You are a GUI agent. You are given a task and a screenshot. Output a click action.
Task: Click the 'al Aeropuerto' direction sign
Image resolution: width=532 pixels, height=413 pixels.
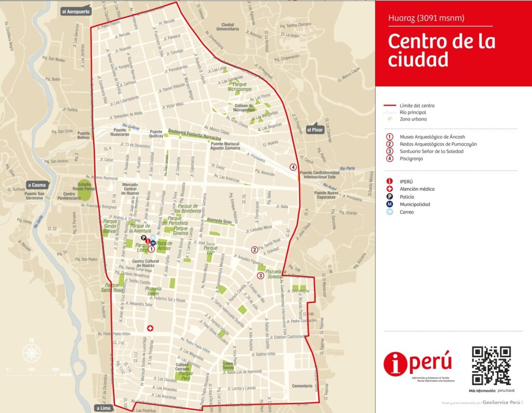coord(76,11)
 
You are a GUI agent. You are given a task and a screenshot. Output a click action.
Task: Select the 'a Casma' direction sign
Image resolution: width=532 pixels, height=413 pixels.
coord(37,184)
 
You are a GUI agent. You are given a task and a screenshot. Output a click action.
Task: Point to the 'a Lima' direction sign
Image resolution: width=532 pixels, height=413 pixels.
coord(103,408)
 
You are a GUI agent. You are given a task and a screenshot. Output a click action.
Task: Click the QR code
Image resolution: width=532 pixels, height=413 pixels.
coord(491,366)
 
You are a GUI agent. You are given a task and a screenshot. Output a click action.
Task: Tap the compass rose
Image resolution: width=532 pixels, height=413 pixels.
coord(31,354)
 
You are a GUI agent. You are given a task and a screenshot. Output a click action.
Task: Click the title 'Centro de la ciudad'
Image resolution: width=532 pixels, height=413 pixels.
coord(441,50)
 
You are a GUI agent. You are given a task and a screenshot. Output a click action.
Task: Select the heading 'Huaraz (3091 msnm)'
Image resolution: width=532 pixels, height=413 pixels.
coord(426,19)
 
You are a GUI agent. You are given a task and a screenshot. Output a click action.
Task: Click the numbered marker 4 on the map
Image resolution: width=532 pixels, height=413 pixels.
coord(294,167)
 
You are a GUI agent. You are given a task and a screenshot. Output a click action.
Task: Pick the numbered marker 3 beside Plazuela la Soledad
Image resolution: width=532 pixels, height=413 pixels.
coord(260,276)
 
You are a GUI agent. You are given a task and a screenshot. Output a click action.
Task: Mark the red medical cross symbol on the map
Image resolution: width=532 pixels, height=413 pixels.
coord(151,328)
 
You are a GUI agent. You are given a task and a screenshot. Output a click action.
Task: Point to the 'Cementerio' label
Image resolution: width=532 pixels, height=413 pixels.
coord(302,386)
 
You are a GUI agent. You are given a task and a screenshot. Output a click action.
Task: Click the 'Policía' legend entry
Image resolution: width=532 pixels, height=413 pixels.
coord(406,197)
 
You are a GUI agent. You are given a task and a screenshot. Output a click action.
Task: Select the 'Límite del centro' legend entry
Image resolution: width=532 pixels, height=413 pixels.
coord(417,105)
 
